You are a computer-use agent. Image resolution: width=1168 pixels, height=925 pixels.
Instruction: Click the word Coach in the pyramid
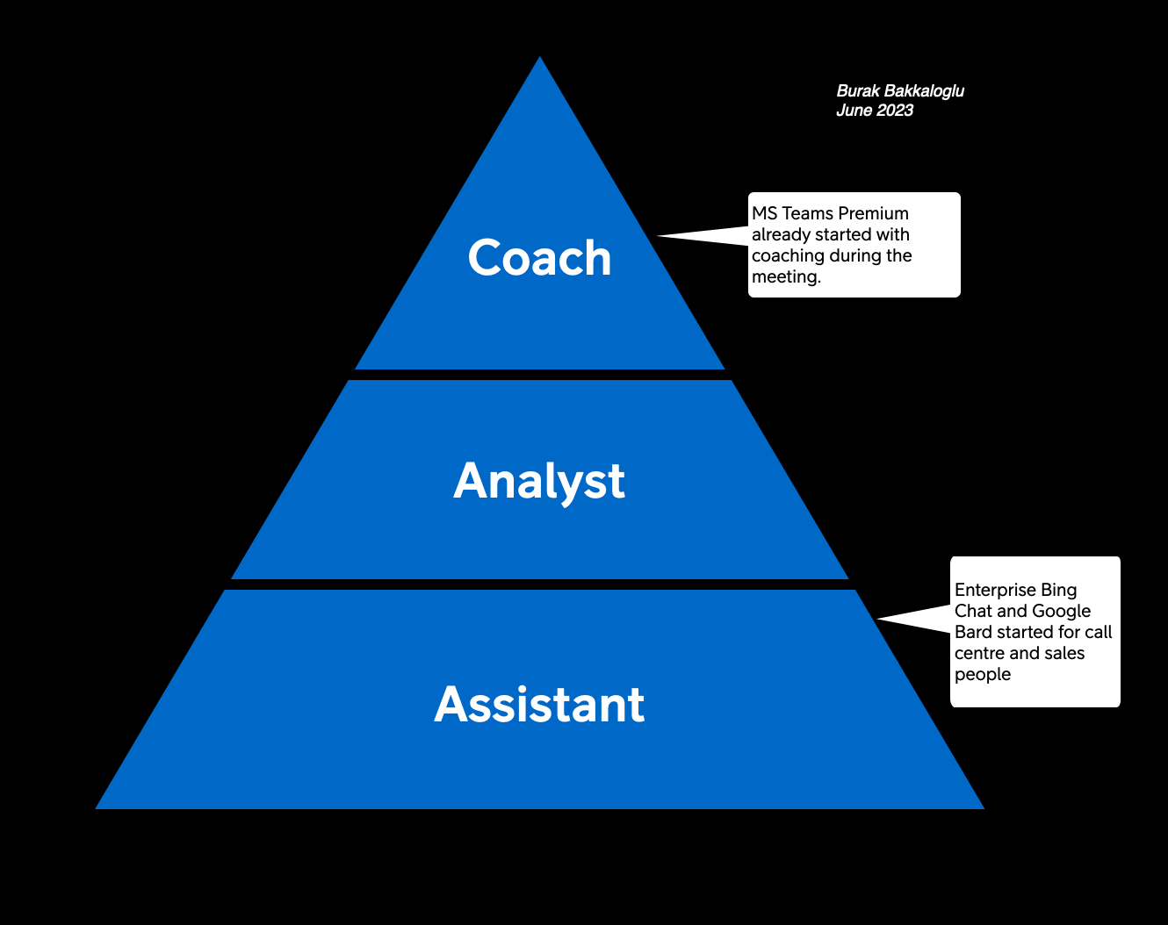pyautogui.click(x=539, y=258)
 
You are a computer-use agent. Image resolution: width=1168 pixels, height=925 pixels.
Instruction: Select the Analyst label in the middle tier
pyautogui.click(x=539, y=481)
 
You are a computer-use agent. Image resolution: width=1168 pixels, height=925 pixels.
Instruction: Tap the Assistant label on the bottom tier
pyautogui.click(x=539, y=705)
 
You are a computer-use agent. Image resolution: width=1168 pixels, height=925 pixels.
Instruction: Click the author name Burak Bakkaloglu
pyautogui.click(x=900, y=91)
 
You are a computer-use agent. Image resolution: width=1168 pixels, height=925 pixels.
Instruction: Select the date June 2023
pyautogui.click(x=875, y=111)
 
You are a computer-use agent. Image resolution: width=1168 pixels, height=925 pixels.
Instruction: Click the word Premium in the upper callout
pyautogui.click(x=875, y=213)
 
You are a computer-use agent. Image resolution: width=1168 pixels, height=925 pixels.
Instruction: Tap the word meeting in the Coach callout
pyautogui.click(x=784, y=277)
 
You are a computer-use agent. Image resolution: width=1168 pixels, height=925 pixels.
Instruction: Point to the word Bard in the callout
pyautogui.click(x=973, y=632)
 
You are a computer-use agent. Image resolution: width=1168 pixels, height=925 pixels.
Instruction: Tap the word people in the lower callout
pyautogui.click(x=983, y=675)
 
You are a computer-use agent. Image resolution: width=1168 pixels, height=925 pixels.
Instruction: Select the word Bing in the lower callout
pyautogui.click(x=1058, y=590)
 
